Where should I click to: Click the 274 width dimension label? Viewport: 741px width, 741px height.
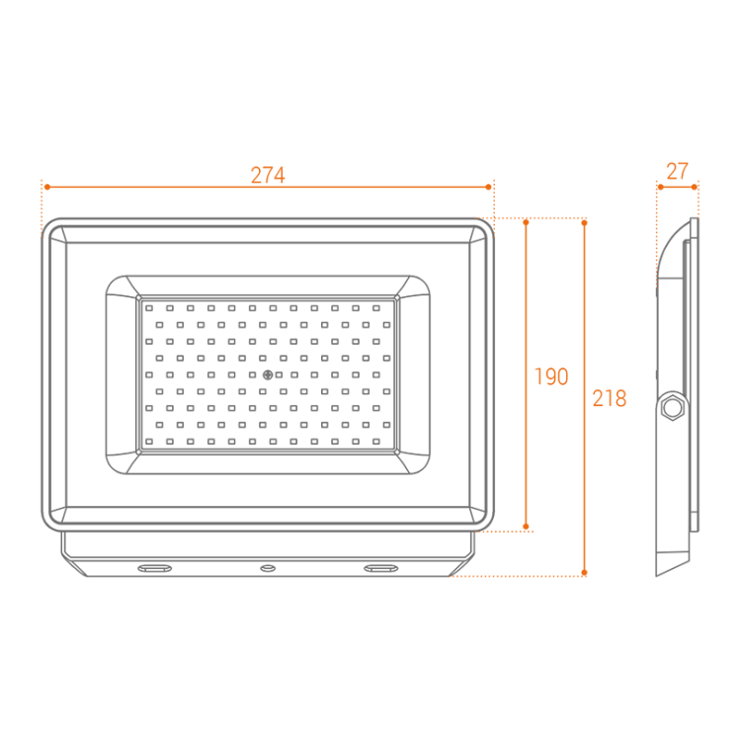pyautogui.click(x=267, y=176)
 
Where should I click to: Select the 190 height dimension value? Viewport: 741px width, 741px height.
pyautogui.click(x=551, y=376)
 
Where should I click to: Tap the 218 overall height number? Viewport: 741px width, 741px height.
pyautogui.click(x=610, y=399)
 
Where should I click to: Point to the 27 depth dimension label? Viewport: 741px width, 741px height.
pyautogui.click(x=677, y=171)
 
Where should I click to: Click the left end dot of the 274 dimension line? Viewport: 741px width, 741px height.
pyautogui.click(x=44, y=186)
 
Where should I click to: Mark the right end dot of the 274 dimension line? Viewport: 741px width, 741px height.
pyautogui.click(x=489, y=186)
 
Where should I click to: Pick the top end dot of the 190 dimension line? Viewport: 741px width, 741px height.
pyautogui.click(x=527, y=223)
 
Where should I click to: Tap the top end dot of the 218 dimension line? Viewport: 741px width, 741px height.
pyautogui.click(x=584, y=223)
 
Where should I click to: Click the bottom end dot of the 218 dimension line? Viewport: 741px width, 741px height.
pyautogui.click(x=584, y=572)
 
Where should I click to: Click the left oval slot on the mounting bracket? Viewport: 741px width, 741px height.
pyautogui.click(x=153, y=568)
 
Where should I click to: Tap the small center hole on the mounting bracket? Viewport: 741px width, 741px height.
pyautogui.click(x=267, y=568)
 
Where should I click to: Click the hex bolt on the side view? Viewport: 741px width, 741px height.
pyautogui.click(x=674, y=406)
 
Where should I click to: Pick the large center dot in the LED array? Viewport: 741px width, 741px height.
pyautogui.click(x=267, y=375)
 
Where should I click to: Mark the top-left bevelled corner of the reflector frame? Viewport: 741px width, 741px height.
pyautogui.click(x=121, y=288)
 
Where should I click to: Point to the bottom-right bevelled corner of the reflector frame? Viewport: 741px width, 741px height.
pyautogui.click(x=415, y=462)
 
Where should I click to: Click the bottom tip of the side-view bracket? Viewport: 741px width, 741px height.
pyautogui.click(x=660, y=574)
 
